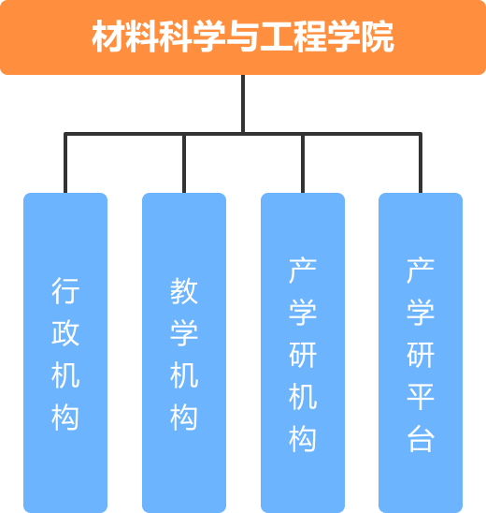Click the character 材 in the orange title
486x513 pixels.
click(108, 37)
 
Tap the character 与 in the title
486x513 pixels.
click(243, 37)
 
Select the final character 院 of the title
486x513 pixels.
click(378, 37)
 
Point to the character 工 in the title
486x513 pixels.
click(277, 37)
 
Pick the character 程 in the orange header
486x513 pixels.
click(310, 37)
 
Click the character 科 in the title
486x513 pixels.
click(176, 37)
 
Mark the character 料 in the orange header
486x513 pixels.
click(142, 37)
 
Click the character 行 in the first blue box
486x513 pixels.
click(65, 290)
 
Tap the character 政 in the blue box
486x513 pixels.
click(65, 332)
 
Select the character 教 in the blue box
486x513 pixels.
click(184, 290)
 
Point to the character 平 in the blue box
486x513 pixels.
click(421, 397)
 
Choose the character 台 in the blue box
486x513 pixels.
click(421, 439)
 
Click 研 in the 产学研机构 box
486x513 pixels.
click(303, 354)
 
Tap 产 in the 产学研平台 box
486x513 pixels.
click(421, 270)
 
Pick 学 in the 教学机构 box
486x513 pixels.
click(184, 332)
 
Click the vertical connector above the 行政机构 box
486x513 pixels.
click(65, 163)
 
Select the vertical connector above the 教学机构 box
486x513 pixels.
click(184, 163)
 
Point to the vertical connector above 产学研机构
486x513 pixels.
click(303, 163)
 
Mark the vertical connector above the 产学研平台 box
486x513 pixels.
click(421, 163)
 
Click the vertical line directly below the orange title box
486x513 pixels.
click(243, 104)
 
